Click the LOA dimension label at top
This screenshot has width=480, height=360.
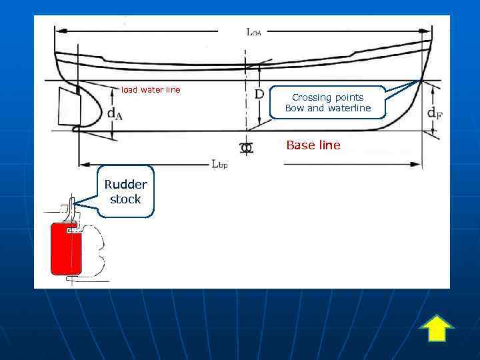tap(253, 31)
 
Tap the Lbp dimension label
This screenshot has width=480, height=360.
tap(219, 165)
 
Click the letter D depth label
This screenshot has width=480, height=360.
tap(259, 95)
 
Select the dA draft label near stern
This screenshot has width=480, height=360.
tap(115, 113)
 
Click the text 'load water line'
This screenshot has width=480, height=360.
tap(150, 90)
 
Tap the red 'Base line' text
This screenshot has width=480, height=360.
tap(313, 145)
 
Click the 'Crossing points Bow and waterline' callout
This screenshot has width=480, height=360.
tap(327, 103)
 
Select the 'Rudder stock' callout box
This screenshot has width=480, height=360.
tap(125, 192)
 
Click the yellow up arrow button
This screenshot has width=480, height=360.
tap(437, 328)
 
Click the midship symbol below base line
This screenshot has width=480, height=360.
tap(247, 147)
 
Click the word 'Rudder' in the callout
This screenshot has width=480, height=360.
tap(125, 185)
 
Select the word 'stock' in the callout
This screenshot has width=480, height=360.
tap(125, 199)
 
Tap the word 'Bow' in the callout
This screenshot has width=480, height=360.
tap(295, 108)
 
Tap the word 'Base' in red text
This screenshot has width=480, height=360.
tap(300, 145)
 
